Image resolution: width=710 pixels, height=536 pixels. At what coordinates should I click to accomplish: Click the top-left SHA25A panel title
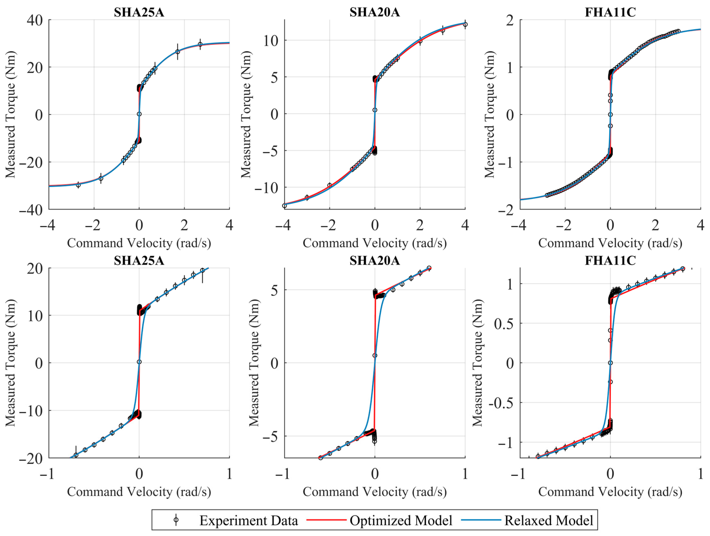pyautogui.click(x=139, y=12)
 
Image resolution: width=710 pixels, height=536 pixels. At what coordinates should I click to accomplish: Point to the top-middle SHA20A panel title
pyautogui.click(x=375, y=12)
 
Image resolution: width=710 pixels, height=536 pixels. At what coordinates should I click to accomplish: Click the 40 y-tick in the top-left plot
pyautogui.click(x=35, y=20)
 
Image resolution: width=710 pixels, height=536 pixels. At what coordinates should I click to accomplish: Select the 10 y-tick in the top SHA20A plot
pyautogui.click(x=271, y=41)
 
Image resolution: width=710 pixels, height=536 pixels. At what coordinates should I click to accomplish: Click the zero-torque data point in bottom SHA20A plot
pyautogui.click(x=375, y=355)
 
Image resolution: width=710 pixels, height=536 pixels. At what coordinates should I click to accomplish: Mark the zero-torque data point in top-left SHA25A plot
pyautogui.click(x=139, y=114)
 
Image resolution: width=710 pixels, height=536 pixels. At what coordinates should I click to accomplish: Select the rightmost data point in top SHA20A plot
pyautogui.click(x=465, y=24)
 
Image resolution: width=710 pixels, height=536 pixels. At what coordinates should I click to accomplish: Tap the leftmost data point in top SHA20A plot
pyautogui.click(x=284, y=206)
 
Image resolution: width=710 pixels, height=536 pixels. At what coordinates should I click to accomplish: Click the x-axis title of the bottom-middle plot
pyautogui.click(x=375, y=492)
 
